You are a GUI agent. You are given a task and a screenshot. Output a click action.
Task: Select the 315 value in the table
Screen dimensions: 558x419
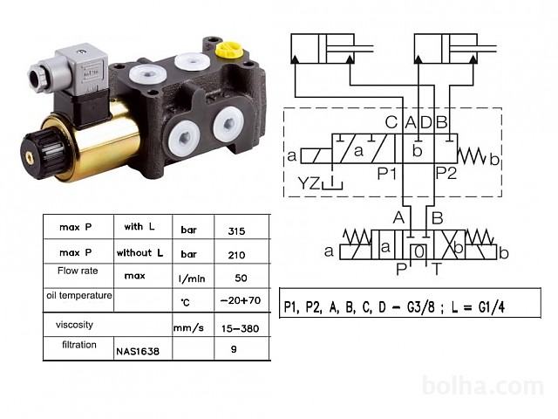[x=236, y=231]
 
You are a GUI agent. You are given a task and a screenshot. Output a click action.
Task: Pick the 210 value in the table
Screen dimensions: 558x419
[x=236, y=255]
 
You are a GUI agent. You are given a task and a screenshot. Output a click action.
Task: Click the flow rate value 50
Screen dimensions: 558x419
[x=241, y=278]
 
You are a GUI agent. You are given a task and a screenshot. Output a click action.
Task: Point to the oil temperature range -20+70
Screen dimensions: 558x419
[x=241, y=300]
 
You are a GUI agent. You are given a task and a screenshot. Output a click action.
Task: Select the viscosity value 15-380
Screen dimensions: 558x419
[x=241, y=328]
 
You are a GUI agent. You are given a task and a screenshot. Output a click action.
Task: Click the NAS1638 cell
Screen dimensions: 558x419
[x=138, y=352]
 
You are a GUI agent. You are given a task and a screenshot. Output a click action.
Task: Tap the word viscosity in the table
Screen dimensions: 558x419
[x=74, y=325]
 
